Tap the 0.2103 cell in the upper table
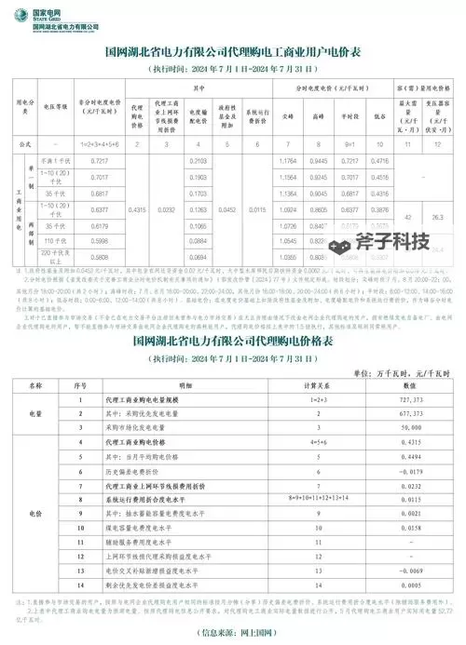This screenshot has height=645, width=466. click(198, 162)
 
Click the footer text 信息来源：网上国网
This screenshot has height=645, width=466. click(233, 634)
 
